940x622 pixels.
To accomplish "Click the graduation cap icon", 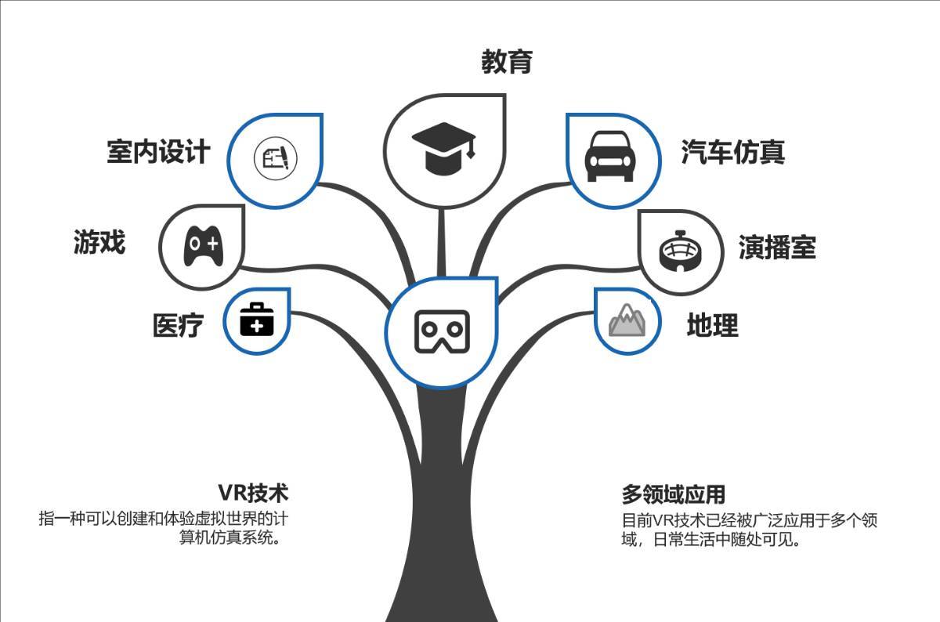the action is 443,149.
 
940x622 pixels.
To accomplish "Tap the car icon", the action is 610,157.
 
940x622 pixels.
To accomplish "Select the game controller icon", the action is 204,246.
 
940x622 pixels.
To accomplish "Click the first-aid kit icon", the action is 257,320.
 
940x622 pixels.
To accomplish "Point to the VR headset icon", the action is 442,331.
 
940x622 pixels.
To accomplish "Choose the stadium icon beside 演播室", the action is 680,251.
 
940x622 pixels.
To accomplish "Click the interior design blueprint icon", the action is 276,158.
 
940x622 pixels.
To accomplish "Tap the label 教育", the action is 507,62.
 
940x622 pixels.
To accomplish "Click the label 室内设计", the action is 158,151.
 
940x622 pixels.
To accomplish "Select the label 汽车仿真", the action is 732,152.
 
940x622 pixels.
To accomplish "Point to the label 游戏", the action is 99,242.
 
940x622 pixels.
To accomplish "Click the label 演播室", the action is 777,248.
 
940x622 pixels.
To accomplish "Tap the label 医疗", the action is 178,325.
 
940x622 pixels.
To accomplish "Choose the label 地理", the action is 713,325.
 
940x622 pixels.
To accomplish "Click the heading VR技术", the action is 253,493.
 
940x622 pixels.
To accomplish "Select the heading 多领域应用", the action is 674,494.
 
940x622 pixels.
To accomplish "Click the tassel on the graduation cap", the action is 471,148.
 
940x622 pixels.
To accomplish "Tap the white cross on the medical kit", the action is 257,325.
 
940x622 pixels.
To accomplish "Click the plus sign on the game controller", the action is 213,244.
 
